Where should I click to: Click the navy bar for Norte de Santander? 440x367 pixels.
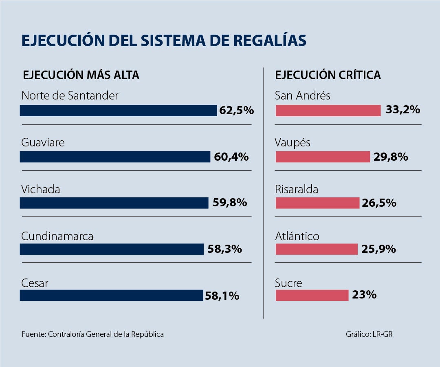tap(118, 111)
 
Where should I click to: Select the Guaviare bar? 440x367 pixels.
tap(115, 157)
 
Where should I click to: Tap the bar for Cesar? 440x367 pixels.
tap(111, 295)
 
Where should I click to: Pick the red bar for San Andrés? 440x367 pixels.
tap(328, 111)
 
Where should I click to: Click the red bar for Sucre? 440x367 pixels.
tap(312, 295)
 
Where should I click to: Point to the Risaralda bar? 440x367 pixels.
tap(317, 203)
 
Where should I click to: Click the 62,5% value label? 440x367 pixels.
tap(236, 111)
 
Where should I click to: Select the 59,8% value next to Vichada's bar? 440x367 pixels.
tap(230, 203)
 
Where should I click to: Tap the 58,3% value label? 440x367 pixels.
tap(224, 249)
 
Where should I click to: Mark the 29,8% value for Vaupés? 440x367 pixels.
tap(391, 157)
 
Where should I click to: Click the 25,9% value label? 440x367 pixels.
tap(378, 249)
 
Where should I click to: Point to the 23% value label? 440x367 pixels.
tap(364, 295)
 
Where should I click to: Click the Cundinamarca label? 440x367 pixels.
tap(57, 236)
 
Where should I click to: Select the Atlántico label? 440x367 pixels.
tap(297, 236)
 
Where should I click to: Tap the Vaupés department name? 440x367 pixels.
tap(293, 143)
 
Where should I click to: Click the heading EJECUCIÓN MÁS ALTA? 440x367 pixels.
tap(81, 75)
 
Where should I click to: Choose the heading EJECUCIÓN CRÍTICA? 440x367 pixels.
tap(328, 75)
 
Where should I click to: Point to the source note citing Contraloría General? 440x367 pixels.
tap(93, 334)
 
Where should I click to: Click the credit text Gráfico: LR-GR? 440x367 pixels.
tap(369, 334)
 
